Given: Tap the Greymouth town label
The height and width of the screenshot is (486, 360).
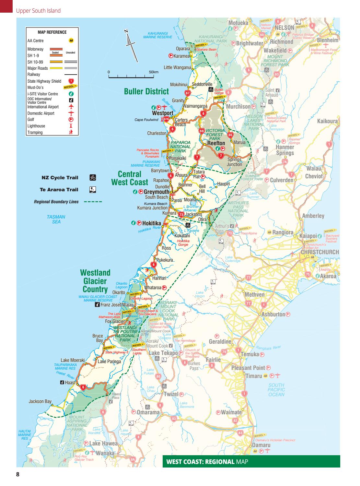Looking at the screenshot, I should point(157,192).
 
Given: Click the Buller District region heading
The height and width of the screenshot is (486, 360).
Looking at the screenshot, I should point(146,92).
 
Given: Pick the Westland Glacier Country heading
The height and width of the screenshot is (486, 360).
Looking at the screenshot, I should point(95,281).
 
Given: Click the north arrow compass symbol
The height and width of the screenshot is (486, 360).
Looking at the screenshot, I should point(131,46).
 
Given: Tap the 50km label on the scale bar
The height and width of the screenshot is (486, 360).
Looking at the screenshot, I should point(154,72).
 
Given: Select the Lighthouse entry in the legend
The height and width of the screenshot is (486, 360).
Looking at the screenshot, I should point(36,126).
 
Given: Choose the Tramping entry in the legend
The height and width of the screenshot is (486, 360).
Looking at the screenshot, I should point(35,132).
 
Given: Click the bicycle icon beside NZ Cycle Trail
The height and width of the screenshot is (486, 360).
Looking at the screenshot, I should point(92,178).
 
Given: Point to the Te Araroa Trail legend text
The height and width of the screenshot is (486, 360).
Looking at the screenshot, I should point(59,190).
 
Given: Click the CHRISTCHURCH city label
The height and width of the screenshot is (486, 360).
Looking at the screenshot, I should point(319,252).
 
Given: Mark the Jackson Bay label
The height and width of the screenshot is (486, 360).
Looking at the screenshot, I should point(40,401).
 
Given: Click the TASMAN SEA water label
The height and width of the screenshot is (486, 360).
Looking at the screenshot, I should point(56,219).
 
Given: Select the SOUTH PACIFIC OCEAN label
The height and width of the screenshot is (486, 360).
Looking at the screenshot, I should point(276,390).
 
